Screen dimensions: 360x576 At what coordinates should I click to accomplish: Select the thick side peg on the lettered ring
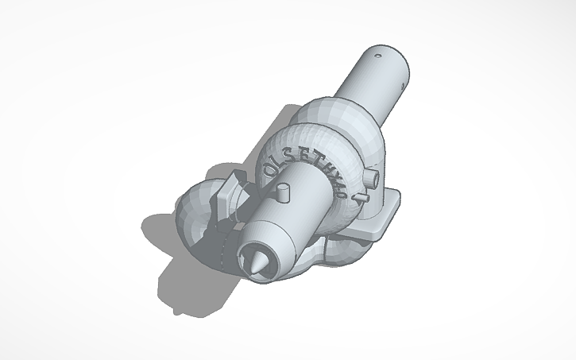click(x=369, y=172)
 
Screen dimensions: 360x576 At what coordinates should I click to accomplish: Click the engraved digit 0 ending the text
click(x=350, y=172)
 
